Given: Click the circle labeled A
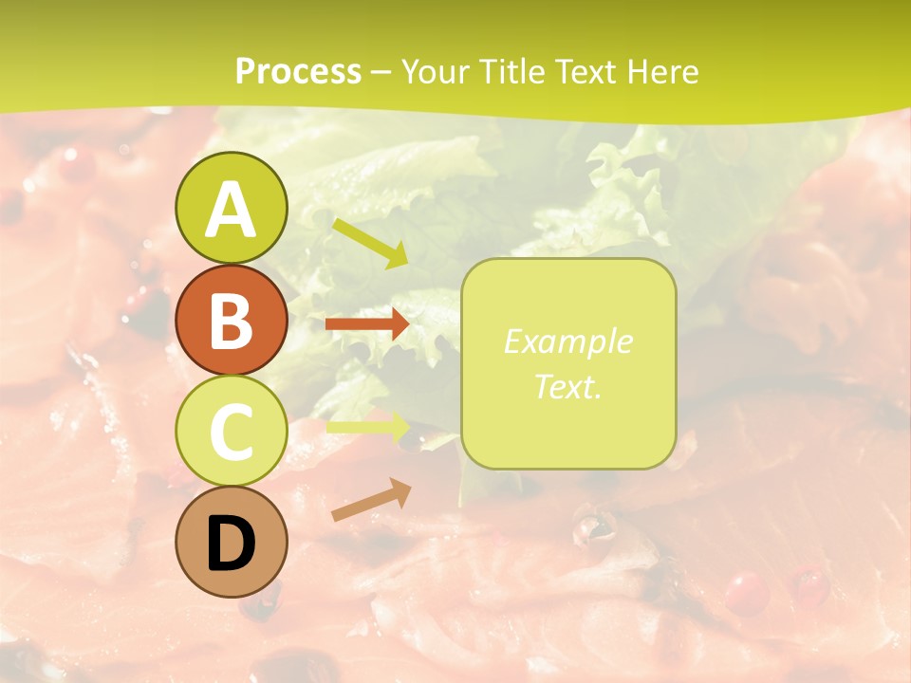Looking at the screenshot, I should click(231, 209).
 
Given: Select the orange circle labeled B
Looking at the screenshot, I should click(231, 320).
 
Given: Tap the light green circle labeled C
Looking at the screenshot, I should click(231, 432).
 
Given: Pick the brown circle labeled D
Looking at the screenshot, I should click(231, 543).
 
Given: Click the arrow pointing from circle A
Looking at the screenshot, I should click(369, 243).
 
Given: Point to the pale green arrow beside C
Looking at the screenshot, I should click(368, 427).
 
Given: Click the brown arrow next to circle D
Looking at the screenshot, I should click(371, 500).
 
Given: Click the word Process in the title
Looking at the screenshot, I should click(298, 71).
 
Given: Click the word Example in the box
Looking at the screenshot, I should click(567, 341).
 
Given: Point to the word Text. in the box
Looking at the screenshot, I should click(567, 387).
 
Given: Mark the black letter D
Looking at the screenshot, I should click(231, 545).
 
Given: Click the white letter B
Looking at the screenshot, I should click(231, 322).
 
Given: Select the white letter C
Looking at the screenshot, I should click(231, 433).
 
